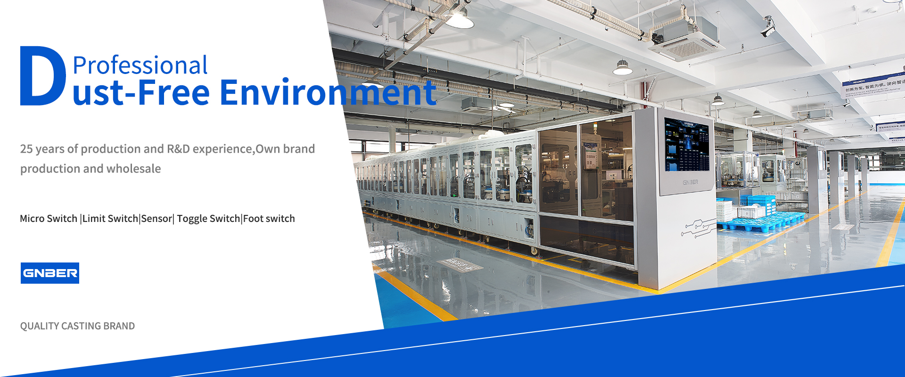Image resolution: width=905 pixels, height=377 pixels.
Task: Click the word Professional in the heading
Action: click(x=140, y=65)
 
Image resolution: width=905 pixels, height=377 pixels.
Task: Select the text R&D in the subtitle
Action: click(x=178, y=149)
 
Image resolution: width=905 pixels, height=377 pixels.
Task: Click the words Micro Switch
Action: click(x=49, y=219)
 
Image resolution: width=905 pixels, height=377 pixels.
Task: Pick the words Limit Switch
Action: click(x=110, y=219)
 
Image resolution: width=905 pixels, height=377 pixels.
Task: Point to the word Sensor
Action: click(x=156, y=219)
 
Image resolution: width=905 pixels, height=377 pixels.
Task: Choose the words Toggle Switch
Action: click(x=208, y=219)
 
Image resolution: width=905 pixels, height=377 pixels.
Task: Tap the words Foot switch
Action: click(x=269, y=219)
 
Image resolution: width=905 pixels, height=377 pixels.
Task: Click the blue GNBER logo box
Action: click(x=50, y=273)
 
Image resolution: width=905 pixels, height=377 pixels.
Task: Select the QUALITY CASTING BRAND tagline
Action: click(x=77, y=326)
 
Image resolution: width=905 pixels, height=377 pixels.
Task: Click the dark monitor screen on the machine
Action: click(x=687, y=145)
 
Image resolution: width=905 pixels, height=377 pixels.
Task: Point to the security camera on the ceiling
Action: click(x=768, y=28)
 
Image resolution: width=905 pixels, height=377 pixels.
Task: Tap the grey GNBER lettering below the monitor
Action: click(x=691, y=182)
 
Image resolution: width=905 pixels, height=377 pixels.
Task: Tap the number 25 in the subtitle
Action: click(x=26, y=149)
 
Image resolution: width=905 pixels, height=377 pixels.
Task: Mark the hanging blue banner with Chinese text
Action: click(x=872, y=85)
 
